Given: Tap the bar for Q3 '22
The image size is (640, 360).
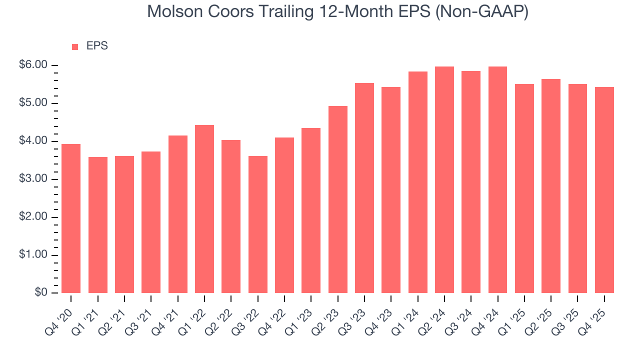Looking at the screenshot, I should pos(258,224).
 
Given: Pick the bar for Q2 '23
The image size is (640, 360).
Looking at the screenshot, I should pos(338,199).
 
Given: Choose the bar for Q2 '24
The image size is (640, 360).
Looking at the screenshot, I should pos(444,180).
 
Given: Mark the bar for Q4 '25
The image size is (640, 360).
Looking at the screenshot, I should pos(604,190).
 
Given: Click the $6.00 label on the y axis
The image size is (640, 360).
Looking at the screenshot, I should pos(33,65).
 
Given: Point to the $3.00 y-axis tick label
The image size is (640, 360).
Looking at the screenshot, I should pos(33,179).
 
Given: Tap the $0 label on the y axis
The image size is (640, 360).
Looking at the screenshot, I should pos(41,293).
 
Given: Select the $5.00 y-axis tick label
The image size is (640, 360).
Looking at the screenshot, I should pos(33,103).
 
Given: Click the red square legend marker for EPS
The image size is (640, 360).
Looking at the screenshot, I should pos(75,46).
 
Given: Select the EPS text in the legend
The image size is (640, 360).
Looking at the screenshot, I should pos(97,46).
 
